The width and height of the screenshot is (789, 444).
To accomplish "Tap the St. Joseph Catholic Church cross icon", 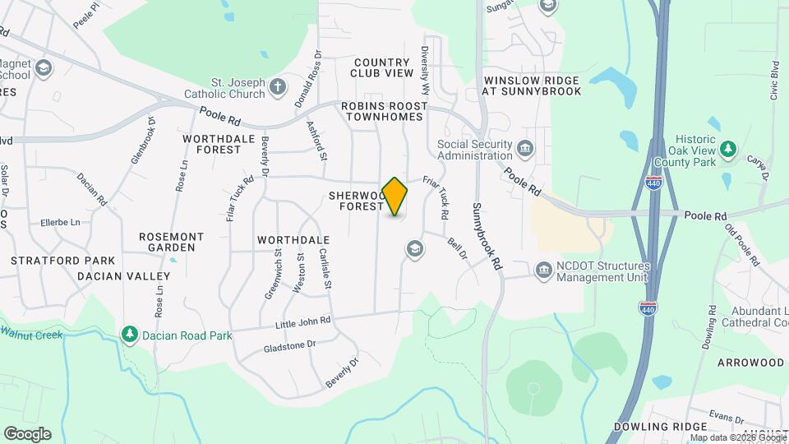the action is pos(279,86).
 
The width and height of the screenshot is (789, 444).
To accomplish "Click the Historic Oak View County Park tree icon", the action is pos(727,149).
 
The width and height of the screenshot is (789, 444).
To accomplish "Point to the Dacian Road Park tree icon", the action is pos(129,335).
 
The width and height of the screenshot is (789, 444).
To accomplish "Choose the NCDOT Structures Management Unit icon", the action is pos(543,270).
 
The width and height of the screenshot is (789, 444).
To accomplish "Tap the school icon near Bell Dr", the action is pos(414,248).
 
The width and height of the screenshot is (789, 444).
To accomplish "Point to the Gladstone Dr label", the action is pos(290,345).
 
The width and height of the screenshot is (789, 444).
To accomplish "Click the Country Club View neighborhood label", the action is pos(381,67).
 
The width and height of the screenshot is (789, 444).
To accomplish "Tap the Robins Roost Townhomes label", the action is pos(385,112).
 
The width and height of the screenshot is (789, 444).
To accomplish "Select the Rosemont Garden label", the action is pos(171,242).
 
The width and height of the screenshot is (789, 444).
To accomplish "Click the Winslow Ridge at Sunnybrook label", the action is pos(532,86).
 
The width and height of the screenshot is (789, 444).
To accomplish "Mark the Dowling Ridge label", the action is pos(661,427).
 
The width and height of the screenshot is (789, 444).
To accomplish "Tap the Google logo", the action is pos(26,434).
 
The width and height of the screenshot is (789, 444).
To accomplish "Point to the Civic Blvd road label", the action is pos(773,79).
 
